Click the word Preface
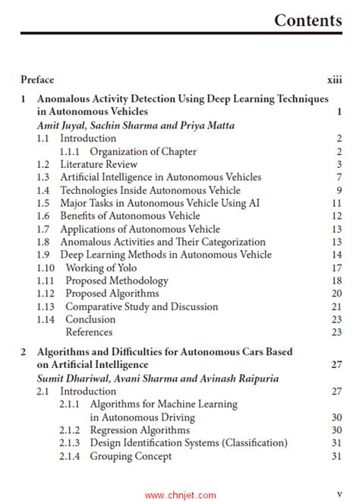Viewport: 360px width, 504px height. [37, 79]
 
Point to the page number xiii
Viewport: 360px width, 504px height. [334, 79]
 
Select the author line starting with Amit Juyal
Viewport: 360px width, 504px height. [135, 125]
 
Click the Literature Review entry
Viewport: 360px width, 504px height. [99, 164]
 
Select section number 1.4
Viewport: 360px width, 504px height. [44, 190]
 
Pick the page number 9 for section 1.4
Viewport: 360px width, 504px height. [339, 190]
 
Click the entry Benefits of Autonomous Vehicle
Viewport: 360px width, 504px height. [130, 216]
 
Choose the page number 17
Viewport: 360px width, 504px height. [336, 268]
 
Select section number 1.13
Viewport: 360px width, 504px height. [46, 306]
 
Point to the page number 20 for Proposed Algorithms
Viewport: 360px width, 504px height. [336, 293]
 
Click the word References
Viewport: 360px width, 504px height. [89, 331]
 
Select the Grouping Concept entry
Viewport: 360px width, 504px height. [131, 456]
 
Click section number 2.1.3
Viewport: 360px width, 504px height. [70, 443]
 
